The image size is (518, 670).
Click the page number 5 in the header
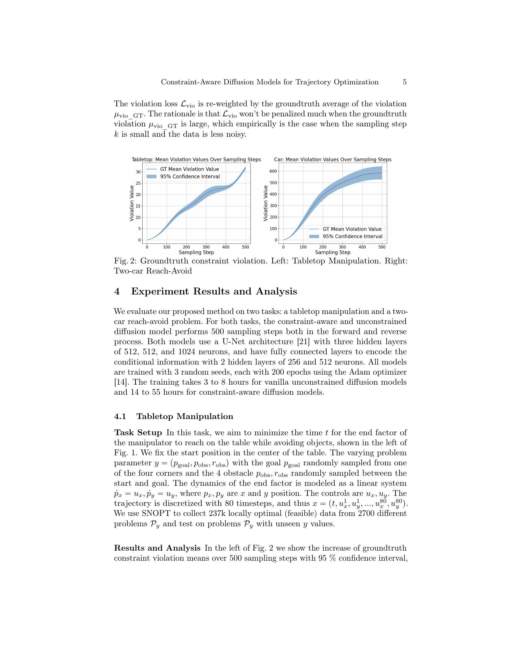[x=404, y=82]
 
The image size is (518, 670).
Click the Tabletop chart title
[x=196, y=160]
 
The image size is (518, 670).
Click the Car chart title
[x=332, y=160]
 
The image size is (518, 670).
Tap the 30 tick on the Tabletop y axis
[x=138, y=172]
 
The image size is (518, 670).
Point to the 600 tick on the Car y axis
[x=273, y=171]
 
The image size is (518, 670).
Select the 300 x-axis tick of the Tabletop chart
[x=206, y=247]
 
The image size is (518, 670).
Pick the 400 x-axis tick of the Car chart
[x=362, y=247]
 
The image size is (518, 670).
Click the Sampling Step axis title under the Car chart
[x=332, y=252]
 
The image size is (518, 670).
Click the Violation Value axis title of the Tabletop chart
[x=132, y=203]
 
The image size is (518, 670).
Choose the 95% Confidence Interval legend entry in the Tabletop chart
[x=190, y=177]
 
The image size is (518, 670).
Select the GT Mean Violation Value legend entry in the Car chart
[x=352, y=229]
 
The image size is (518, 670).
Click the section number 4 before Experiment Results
[x=117, y=291]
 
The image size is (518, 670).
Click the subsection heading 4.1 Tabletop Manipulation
[x=173, y=416]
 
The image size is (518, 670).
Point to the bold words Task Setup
[x=138, y=432]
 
